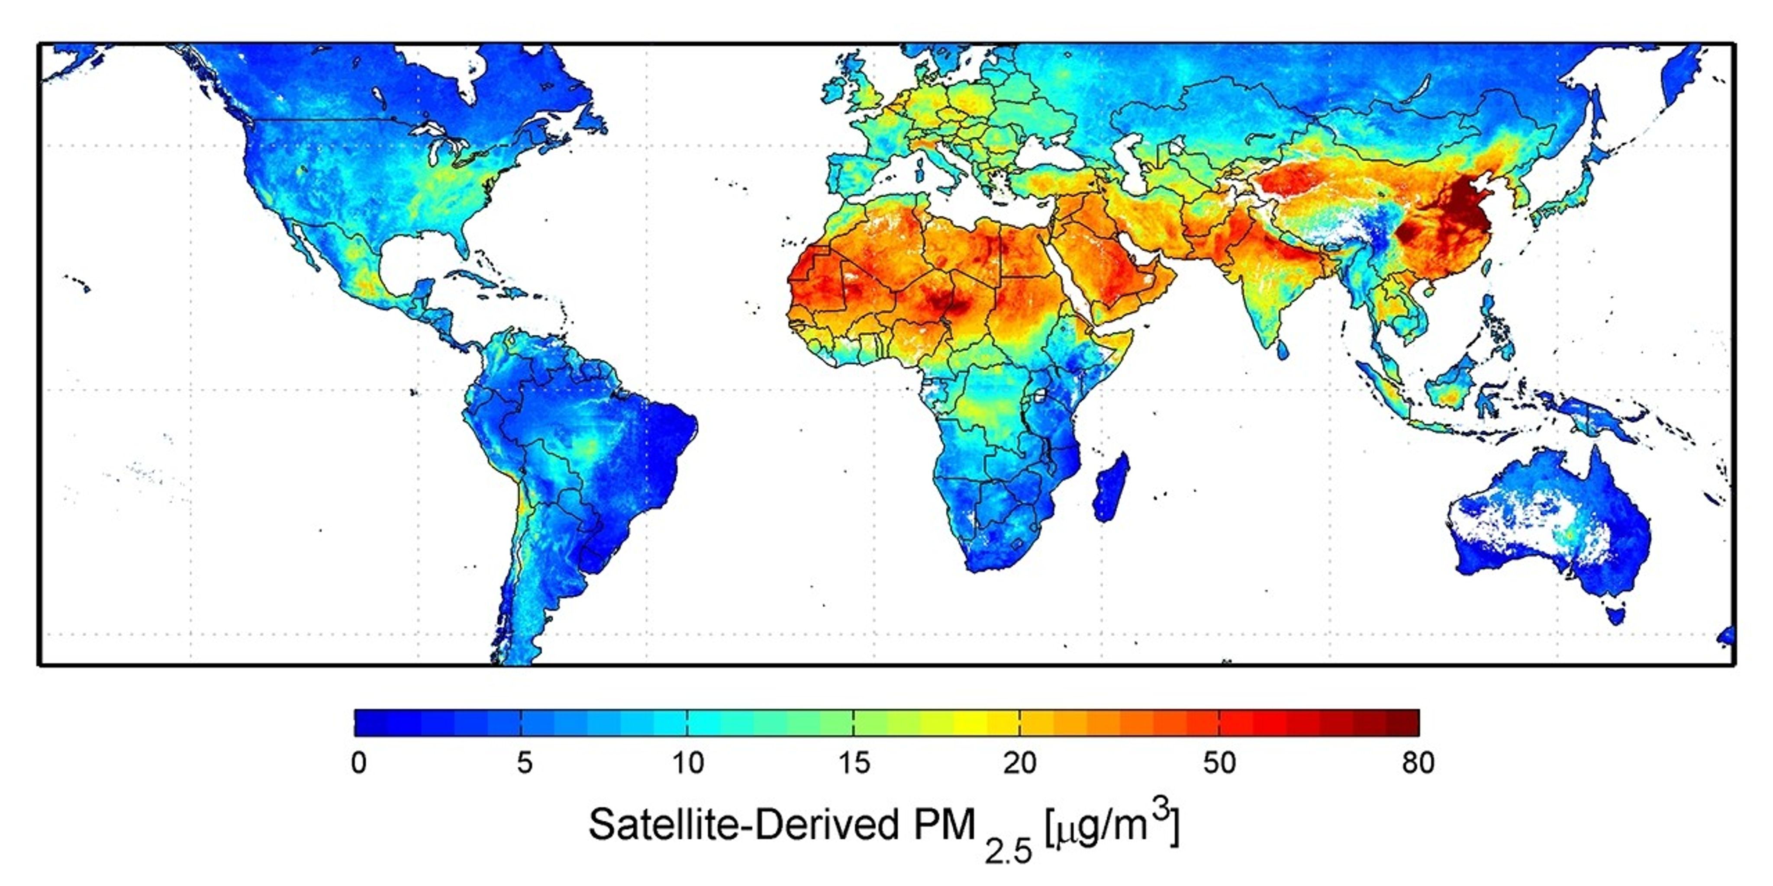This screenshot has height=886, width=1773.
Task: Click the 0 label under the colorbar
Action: tap(358, 763)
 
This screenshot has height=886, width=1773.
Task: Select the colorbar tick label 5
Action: tap(525, 763)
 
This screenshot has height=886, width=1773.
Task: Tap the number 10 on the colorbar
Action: tap(687, 763)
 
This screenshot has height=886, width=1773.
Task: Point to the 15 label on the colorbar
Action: tap(854, 763)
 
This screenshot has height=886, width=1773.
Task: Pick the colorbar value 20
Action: tap(1019, 763)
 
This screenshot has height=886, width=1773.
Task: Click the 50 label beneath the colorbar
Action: tap(1219, 763)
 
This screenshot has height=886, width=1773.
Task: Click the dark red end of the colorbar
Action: tap(1404, 722)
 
